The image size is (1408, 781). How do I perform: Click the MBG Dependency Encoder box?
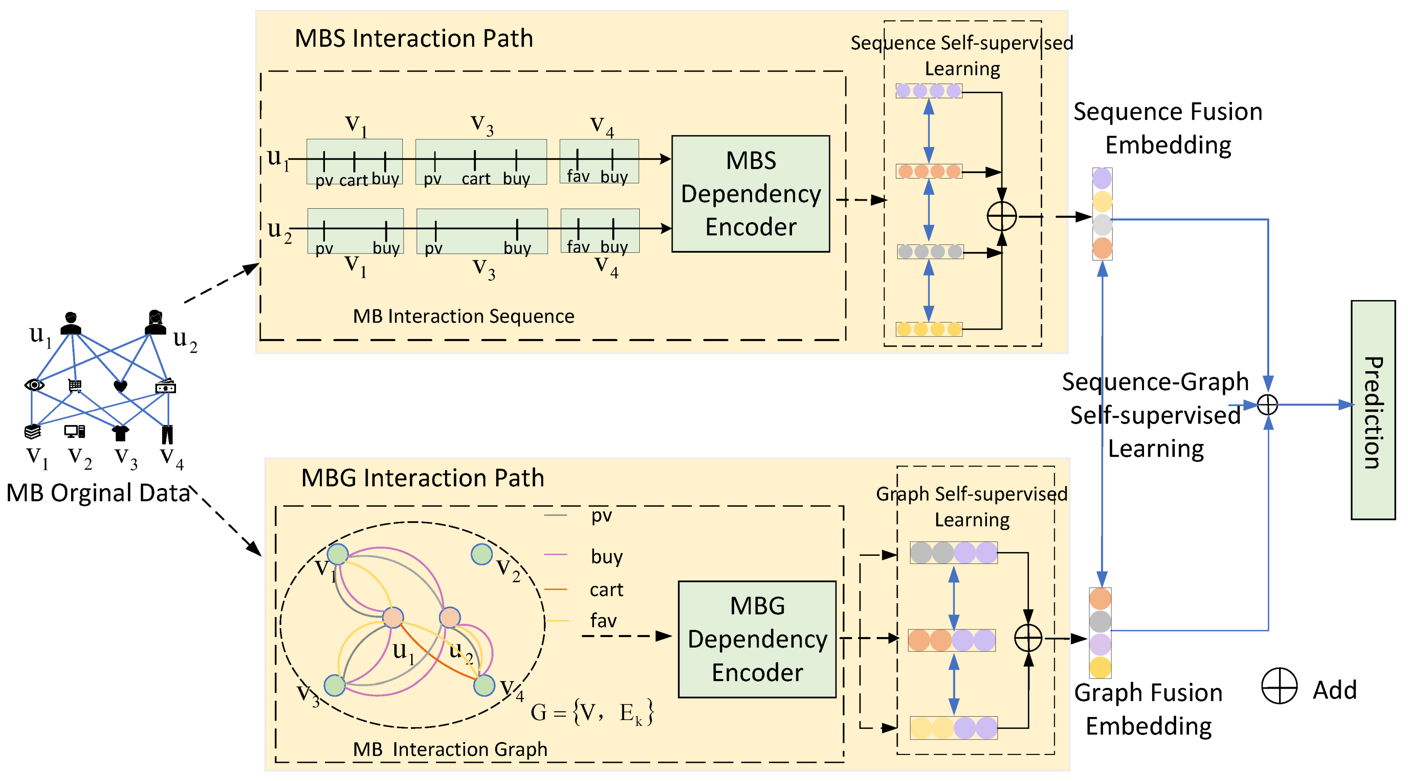click(x=756, y=639)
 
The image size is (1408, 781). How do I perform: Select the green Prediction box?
click(x=1372, y=410)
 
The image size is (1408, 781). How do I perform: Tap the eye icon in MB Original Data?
click(x=34, y=385)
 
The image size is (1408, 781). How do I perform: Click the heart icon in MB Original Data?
click(x=120, y=386)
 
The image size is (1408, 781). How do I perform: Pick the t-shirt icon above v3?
click(x=120, y=433)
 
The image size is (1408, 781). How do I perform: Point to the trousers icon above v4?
click(x=167, y=434)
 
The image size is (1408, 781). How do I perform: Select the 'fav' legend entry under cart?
click(x=603, y=621)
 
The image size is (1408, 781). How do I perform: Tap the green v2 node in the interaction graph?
click(x=481, y=554)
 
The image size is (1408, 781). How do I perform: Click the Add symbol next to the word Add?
click(x=1279, y=685)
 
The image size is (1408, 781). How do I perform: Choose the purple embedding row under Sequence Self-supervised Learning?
click(x=928, y=91)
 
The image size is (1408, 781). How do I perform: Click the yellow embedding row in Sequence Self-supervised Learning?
click(x=928, y=329)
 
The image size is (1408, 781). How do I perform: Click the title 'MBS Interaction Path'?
click(x=413, y=38)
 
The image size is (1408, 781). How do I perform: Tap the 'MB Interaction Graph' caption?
click(x=449, y=749)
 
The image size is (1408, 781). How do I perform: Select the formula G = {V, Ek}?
click(x=591, y=712)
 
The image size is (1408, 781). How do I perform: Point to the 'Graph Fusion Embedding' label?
click(x=1148, y=709)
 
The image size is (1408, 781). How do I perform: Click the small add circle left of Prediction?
click(x=1267, y=405)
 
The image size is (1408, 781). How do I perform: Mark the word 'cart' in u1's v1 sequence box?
click(x=353, y=180)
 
